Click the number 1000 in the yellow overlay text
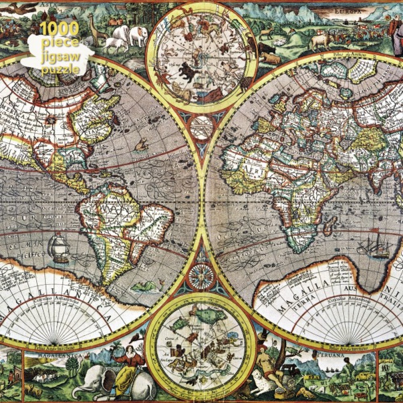pos(59,29)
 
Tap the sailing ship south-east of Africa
pos(374,246)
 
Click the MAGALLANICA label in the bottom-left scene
pos(56,356)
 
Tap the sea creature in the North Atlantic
pos(141,144)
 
